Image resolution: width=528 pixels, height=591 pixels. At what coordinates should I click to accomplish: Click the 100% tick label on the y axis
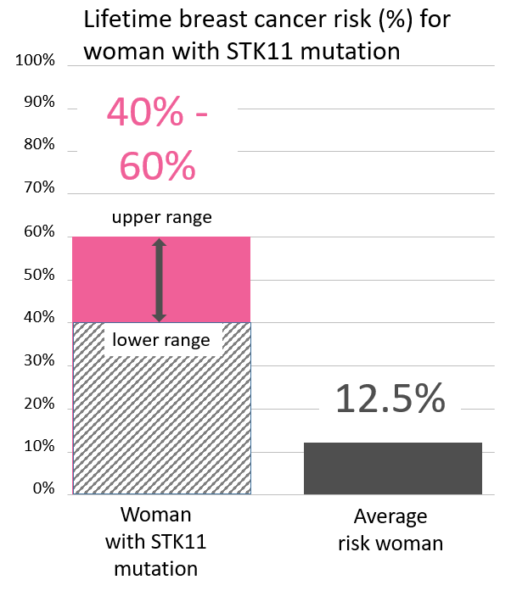click(x=37, y=61)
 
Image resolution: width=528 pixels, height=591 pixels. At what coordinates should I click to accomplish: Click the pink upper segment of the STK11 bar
click(x=204, y=280)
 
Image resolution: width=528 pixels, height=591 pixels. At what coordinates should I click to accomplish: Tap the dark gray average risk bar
click(x=392, y=468)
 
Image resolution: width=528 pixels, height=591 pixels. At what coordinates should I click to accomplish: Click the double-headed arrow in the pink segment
click(x=159, y=280)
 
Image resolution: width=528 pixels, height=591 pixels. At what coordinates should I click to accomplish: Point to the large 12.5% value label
click(x=390, y=399)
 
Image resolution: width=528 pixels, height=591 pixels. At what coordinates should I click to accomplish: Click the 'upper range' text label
click(x=161, y=218)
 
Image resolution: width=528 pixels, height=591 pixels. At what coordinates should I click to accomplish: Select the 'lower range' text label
click(x=161, y=341)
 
